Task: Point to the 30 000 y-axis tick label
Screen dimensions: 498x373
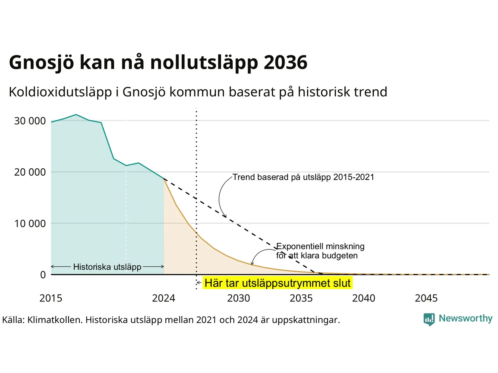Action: pyautogui.click(x=30, y=121)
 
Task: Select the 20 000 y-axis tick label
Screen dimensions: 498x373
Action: pyautogui.click(x=30, y=172)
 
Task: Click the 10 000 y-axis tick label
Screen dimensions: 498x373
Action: pyautogui.click(x=30, y=223)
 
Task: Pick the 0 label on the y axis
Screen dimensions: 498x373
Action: pyautogui.click(x=43, y=275)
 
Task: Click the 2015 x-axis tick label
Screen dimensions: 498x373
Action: pyautogui.click(x=51, y=298)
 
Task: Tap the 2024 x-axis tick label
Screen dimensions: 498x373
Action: pyautogui.click(x=163, y=298)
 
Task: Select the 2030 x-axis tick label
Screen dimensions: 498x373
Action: pyautogui.click(x=238, y=298)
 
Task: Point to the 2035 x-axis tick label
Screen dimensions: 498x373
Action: pyautogui.click(x=301, y=298)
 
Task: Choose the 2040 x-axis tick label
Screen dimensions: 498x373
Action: pyautogui.click(x=364, y=298)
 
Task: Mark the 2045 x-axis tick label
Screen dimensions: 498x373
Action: pyautogui.click(x=426, y=298)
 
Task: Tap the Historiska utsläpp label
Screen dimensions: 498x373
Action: pyautogui.click(x=107, y=267)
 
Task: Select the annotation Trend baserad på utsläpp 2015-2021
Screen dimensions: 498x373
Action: pyautogui.click(x=303, y=177)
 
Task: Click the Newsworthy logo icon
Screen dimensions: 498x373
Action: pyautogui.click(x=429, y=319)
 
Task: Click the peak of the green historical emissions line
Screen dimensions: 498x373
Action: pyautogui.click(x=76, y=115)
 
